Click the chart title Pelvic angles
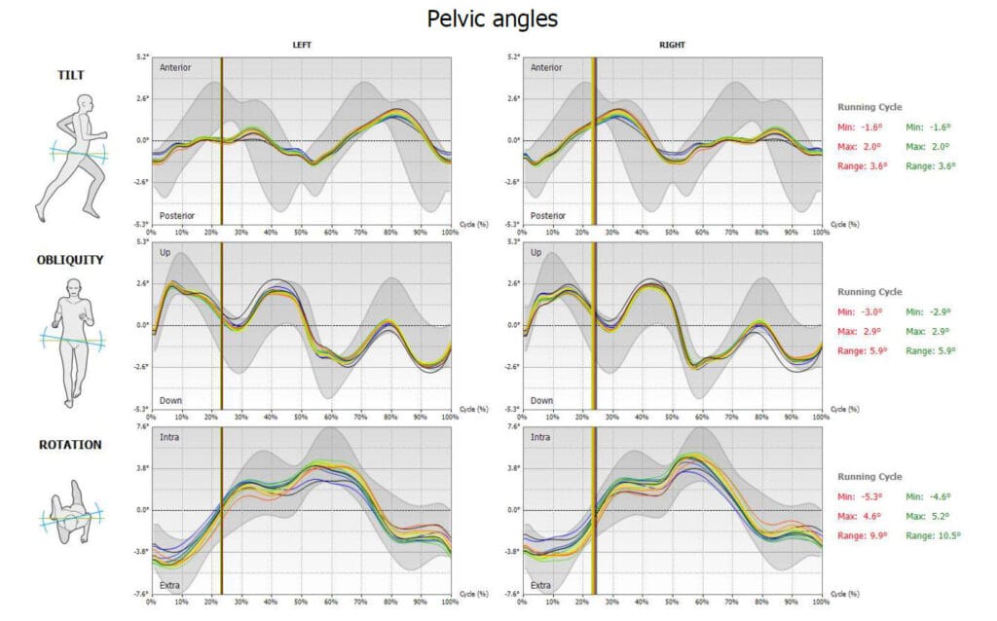pyautogui.click(x=492, y=18)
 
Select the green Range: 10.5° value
pyautogui.click(x=933, y=535)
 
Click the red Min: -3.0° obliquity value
pyautogui.click(x=862, y=311)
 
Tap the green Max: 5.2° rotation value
pyautogui.click(x=929, y=516)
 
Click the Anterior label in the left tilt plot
pyautogui.click(x=175, y=68)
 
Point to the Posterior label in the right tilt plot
pyautogui.click(x=547, y=215)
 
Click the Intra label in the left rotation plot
pyautogui.click(x=168, y=437)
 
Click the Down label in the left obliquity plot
pyautogui.click(x=170, y=400)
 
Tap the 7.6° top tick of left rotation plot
pyautogui.click(x=140, y=425)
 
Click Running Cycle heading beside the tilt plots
pyautogui.click(x=870, y=106)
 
